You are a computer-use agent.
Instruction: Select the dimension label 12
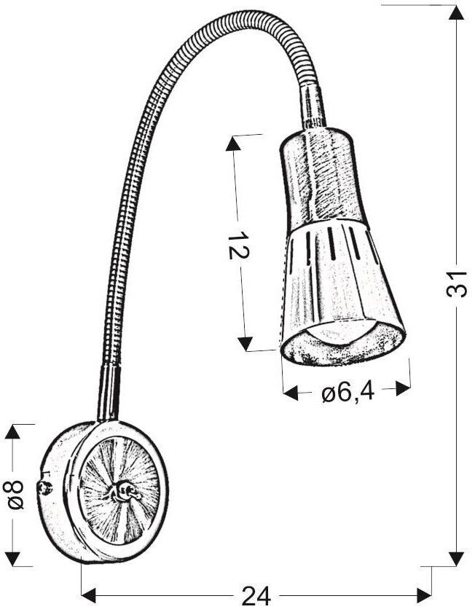pyautogui.click(x=237, y=246)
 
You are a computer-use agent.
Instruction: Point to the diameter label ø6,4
pyautogui.click(x=348, y=393)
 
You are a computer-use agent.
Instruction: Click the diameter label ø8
pyautogui.click(x=15, y=495)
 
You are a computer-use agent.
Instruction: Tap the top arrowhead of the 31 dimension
pyautogui.click(x=456, y=12)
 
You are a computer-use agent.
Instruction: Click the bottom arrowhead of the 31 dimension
pyautogui.click(x=456, y=559)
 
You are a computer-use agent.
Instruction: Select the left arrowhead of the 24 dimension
pyautogui.click(x=89, y=596)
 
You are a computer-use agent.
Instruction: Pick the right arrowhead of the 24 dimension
pyautogui.click(x=424, y=596)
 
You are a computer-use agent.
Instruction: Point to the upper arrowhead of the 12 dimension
pyautogui.click(x=233, y=144)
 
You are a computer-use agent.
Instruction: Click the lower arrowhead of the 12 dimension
pyautogui.click(x=245, y=344)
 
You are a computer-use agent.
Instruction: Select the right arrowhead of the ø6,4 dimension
pyautogui.click(x=403, y=388)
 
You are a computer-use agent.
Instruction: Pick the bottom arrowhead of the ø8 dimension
pyautogui.click(x=12, y=559)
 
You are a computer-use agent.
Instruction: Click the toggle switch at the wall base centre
pyautogui.click(x=122, y=492)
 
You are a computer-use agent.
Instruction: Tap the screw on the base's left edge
pyautogui.click(x=46, y=488)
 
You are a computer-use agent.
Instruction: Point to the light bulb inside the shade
pyautogui.click(x=340, y=331)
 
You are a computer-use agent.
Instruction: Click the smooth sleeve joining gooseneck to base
pyautogui.click(x=109, y=393)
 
